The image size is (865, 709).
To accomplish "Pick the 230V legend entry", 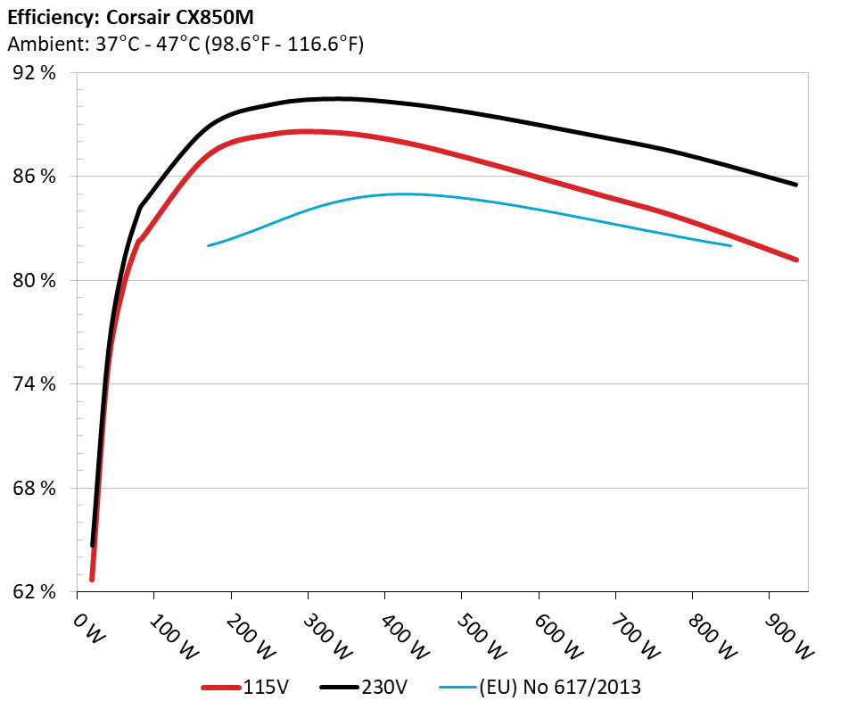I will (x=383, y=688).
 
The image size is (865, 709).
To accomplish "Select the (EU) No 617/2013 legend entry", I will (x=560, y=688).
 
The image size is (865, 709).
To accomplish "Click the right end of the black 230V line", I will (x=795, y=185).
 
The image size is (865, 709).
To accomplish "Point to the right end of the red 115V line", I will (x=795, y=260).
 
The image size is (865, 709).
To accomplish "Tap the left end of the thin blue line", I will (x=209, y=245).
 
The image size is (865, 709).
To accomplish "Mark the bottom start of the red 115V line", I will (x=92, y=580).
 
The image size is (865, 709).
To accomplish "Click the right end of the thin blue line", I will (x=730, y=245).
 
